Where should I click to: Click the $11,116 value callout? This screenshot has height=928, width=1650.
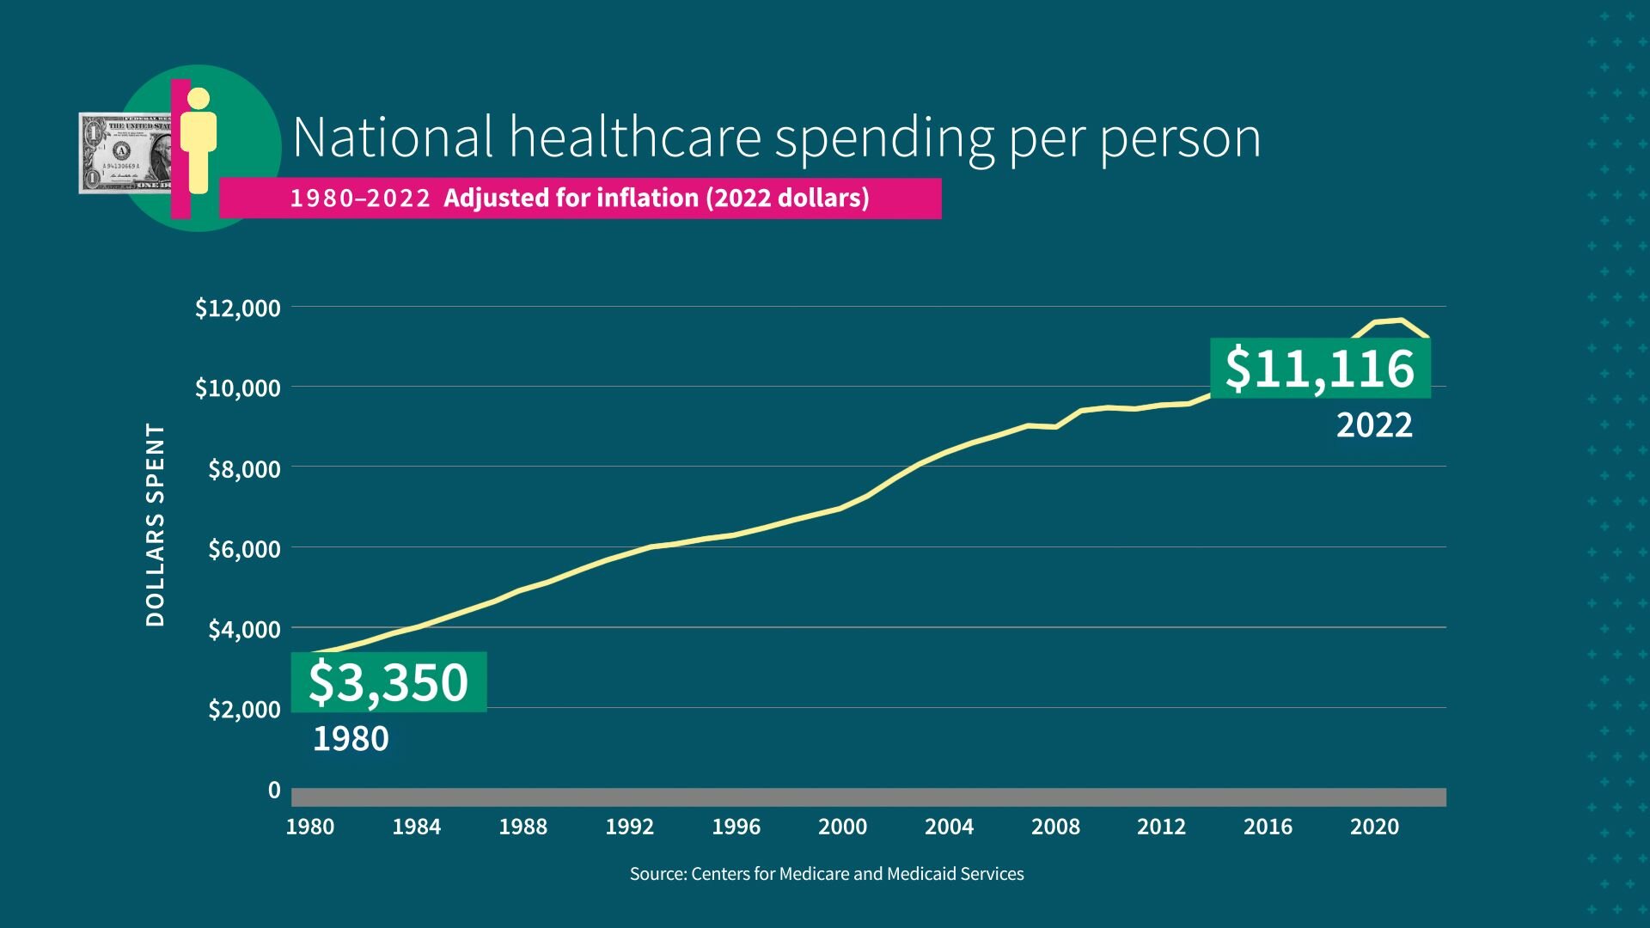pyautogui.click(x=1320, y=369)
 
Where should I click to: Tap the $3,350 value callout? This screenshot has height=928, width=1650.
pyautogui.click(x=388, y=682)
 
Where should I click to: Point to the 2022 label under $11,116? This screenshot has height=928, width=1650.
pyautogui.click(x=1373, y=425)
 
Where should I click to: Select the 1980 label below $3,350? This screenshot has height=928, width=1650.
pyautogui.click(x=350, y=739)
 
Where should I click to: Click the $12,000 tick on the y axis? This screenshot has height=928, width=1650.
pyautogui.click(x=237, y=308)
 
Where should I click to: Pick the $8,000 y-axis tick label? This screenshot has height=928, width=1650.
pyautogui.click(x=244, y=468)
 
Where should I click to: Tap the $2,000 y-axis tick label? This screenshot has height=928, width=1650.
pyautogui.click(x=244, y=709)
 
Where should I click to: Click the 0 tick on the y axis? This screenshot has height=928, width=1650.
pyautogui.click(x=274, y=790)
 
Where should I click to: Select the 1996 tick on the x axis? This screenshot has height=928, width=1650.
pyautogui.click(x=736, y=827)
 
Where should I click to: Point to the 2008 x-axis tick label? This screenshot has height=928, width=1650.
pyautogui.click(x=1055, y=827)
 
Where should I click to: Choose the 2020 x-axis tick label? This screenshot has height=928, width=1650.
pyautogui.click(x=1374, y=827)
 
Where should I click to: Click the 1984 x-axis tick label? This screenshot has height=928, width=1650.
pyautogui.click(x=416, y=827)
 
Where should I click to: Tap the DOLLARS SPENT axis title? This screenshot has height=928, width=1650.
pyautogui.click(x=155, y=524)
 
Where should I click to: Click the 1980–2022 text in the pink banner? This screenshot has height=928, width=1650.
pyautogui.click(x=359, y=198)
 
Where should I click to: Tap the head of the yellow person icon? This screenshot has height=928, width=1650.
pyautogui.click(x=199, y=98)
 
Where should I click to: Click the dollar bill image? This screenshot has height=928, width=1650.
pyautogui.click(x=125, y=153)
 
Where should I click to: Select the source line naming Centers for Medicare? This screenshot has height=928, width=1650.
pyautogui.click(x=826, y=874)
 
